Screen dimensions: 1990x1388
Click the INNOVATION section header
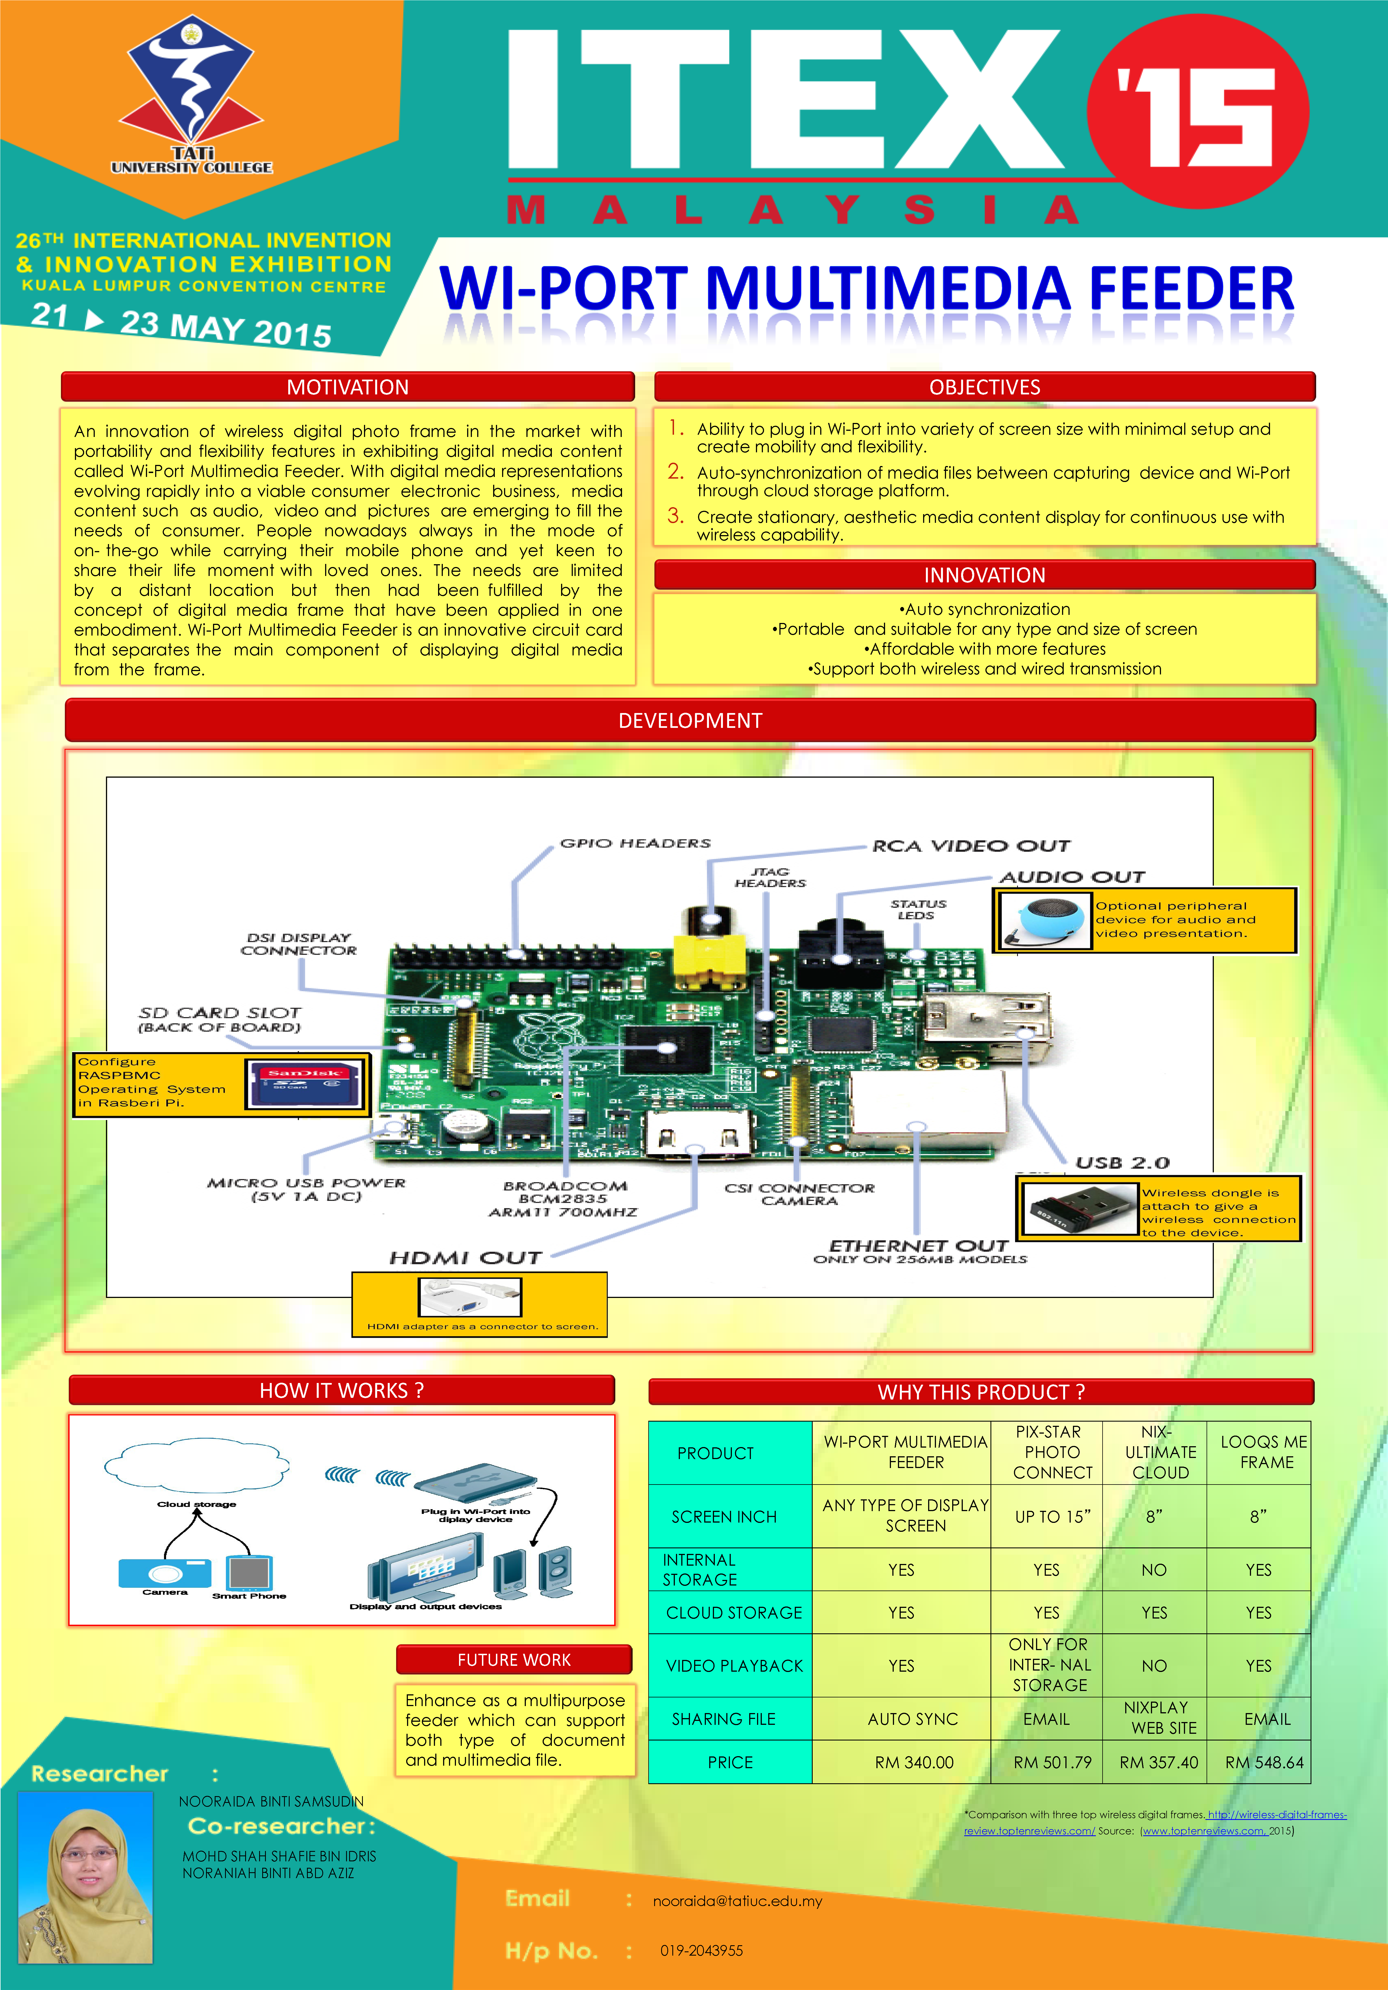click(984, 575)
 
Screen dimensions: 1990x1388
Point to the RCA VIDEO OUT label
click(970, 846)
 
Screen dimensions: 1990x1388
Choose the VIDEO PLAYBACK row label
click(734, 1665)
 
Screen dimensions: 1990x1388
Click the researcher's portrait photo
click(86, 1876)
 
